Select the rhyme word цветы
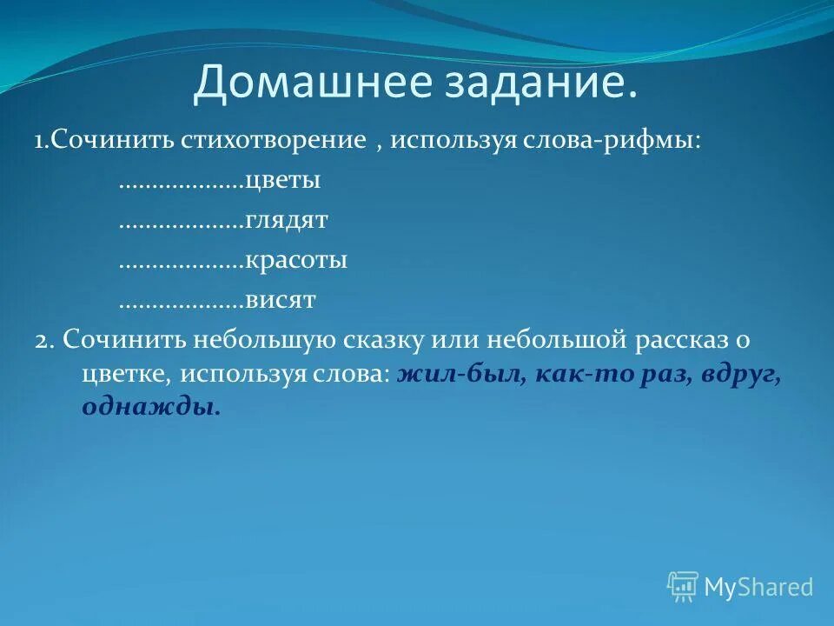pyautogui.click(x=283, y=182)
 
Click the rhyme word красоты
pyautogui.click(x=296, y=261)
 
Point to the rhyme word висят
pyautogui.click(x=280, y=301)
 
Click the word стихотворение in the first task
pyautogui.click(x=274, y=141)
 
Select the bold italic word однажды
pyautogui.click(x=150, y=406)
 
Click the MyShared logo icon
pyautogui.click(x=683, y=586)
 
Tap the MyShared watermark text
pyautogui.click(x=758, y=587)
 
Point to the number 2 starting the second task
pyautogui.click(x=42, y=340)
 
